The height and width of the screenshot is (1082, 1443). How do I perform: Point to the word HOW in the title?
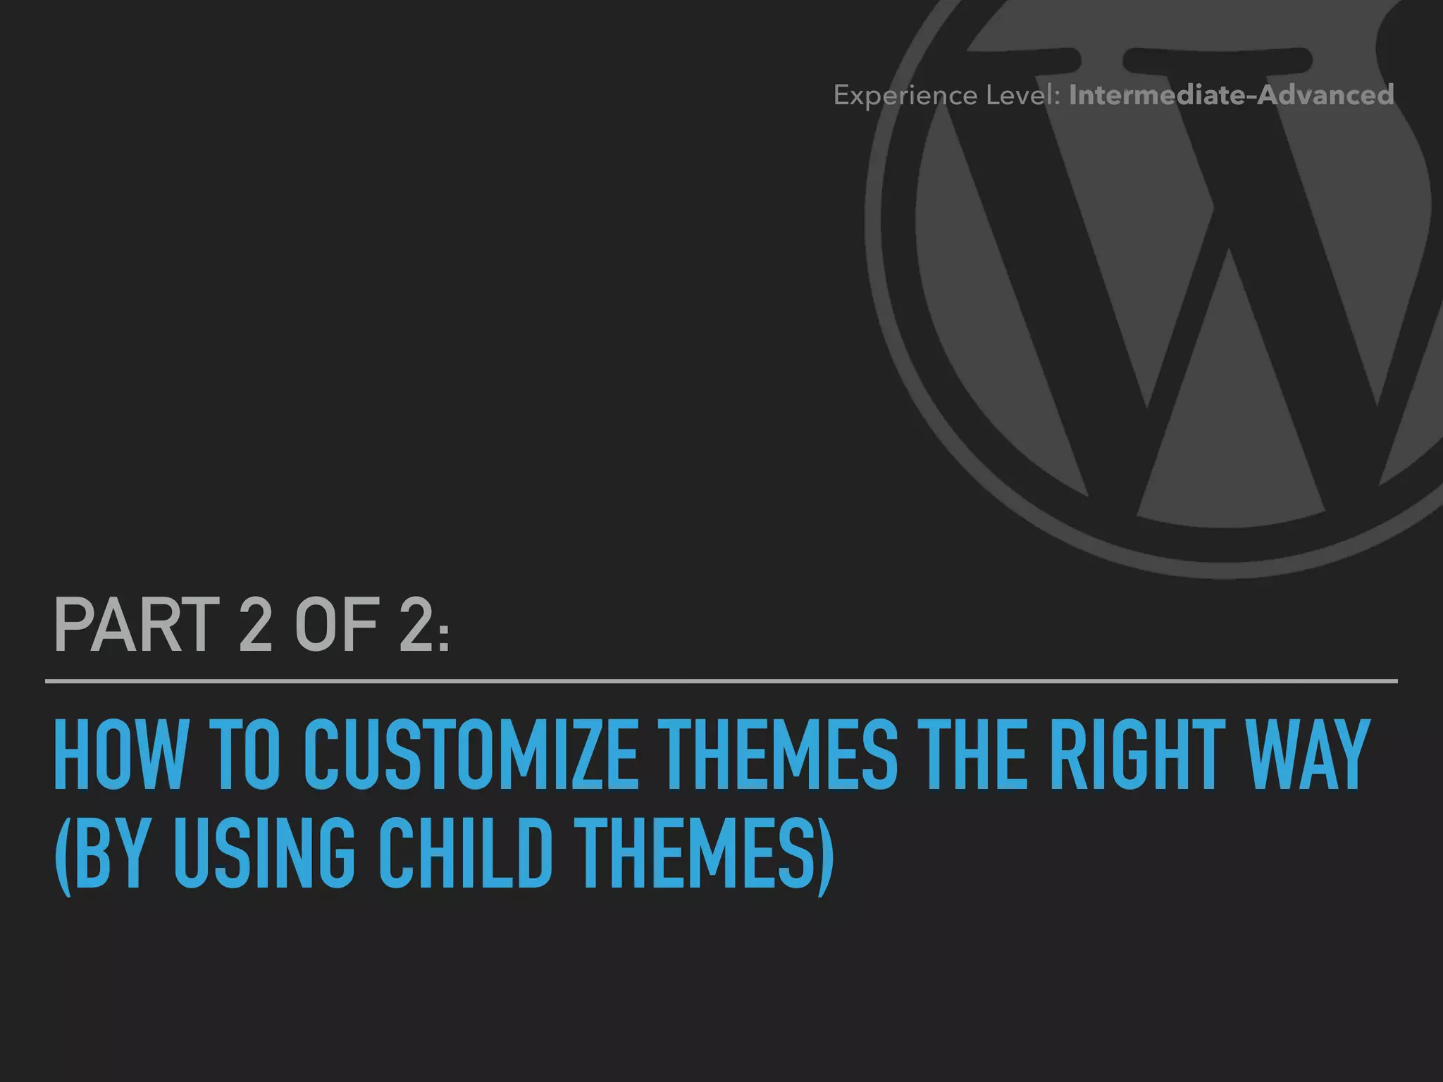(120, 755)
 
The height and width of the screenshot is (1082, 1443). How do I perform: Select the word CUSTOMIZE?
(470, 755)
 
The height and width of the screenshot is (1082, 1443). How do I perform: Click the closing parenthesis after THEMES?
(825, 854)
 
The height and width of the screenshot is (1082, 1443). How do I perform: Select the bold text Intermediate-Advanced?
(1231, 95)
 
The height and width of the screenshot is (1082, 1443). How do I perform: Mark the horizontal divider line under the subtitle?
(721, 681)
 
